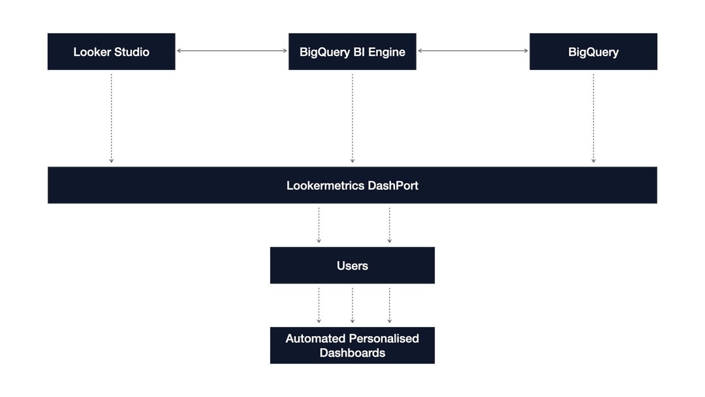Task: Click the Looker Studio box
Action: click(x=111, y=52)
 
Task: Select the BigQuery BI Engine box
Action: click(x=352, y=52)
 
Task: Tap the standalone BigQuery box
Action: click(x=593, y=52)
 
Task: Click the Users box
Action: click(x=352, y=265)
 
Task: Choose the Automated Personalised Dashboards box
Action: click(x=352, y=345)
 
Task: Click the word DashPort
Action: click(x=393, y=185)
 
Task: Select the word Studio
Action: click(x=133, y=52)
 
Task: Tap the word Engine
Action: click(x=386, y=52)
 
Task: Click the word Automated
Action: click(x=316, y=338)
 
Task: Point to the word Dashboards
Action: click(x=352, y=353)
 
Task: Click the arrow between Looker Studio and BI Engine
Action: click(x=232, y=50)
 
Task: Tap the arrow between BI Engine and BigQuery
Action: click(x=473, y=50)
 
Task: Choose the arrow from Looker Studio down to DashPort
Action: click(x=111, y=118)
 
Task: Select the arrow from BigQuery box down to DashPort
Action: click(x=593, y=118)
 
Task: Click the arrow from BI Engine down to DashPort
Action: click(x=352, y=118)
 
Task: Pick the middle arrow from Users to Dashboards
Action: click(x=352, y=305)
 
